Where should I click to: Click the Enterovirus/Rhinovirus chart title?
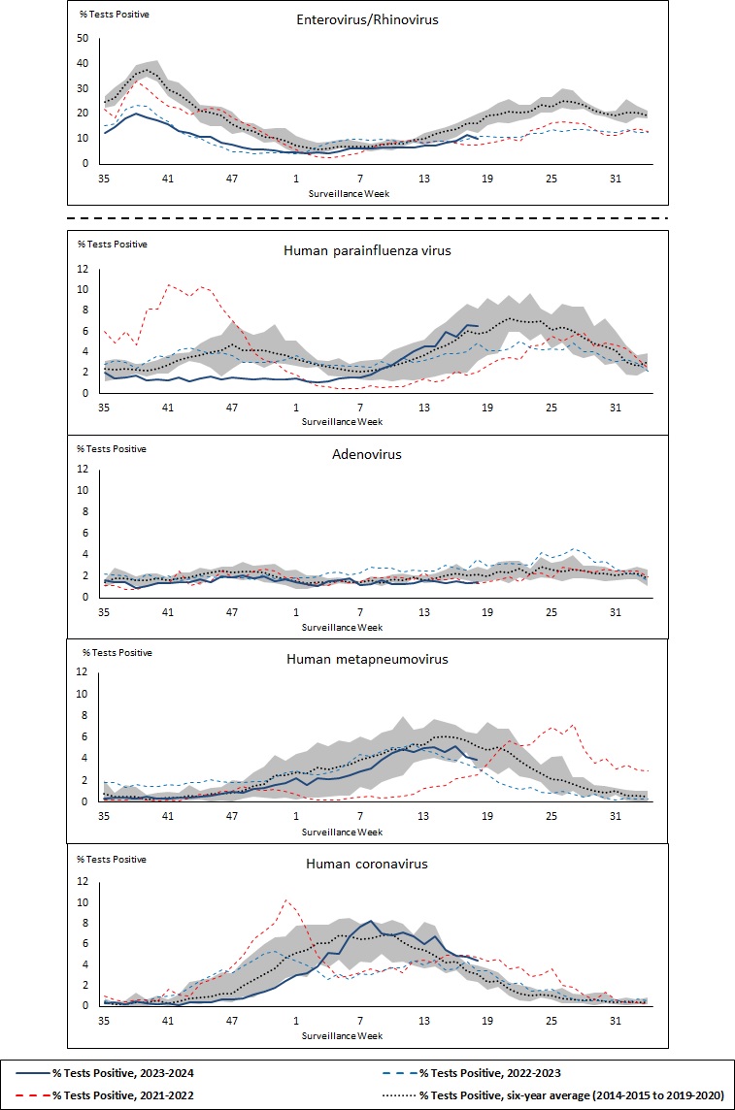point(368,18)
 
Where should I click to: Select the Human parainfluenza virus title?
point(368,250)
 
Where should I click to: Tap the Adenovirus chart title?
point(368,453)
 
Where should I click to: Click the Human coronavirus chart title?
point(367,863)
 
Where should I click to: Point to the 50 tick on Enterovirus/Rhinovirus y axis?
point(83,39)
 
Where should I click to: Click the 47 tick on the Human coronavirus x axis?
point(232,1021)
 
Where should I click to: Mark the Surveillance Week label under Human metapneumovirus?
point(342,832)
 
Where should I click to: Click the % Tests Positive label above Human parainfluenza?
point(112,244)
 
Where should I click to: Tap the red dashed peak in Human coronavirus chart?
point(286,899)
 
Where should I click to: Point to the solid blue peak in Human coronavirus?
point(371,921)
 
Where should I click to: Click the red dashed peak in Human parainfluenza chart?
point(169,284)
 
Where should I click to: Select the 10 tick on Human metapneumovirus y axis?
point(83,694)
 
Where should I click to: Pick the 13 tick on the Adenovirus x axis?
point(424,612)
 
